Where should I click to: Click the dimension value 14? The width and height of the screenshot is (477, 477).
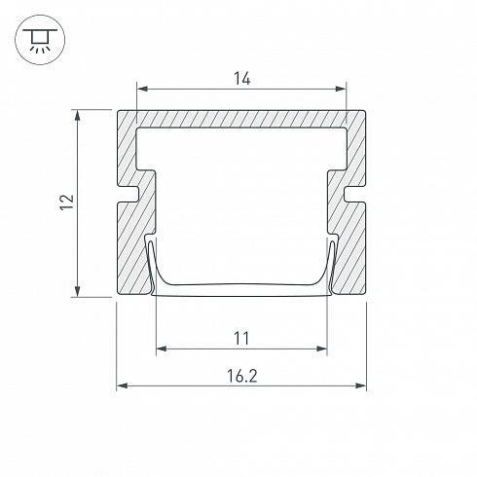(242, 79)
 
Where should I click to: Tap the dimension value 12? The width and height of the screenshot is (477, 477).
(67, 202)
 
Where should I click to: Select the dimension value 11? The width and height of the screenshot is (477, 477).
(241, 339)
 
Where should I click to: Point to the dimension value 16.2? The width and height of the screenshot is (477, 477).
(242, 376)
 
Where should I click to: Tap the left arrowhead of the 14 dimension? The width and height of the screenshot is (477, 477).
(143, 89)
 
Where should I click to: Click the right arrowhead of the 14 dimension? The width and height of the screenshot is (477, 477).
(341, 89)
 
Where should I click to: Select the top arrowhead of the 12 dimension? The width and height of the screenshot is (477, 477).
(78, 116)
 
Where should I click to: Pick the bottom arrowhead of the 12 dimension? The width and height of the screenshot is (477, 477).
(78, 291)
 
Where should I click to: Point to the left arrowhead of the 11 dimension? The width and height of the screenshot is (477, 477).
(162, 349)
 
